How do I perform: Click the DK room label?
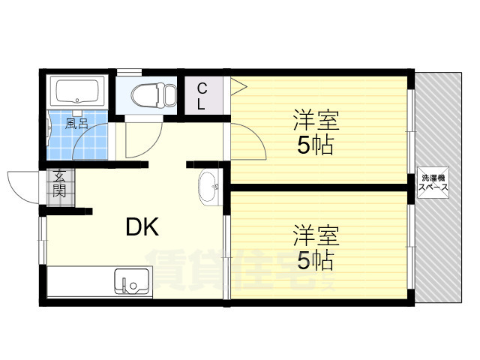[140, 226]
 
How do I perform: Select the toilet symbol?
[153, 95]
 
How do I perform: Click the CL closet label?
[201, 96]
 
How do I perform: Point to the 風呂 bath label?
[76, 124]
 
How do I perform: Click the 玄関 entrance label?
[59, 184]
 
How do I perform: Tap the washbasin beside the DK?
[208, 187]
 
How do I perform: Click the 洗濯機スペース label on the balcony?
[434, 184]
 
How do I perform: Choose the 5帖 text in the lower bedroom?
[316, 261]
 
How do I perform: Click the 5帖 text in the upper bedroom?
[316, 145]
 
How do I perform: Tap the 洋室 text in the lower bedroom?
[316, 235]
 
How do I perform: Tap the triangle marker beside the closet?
[238, 85]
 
